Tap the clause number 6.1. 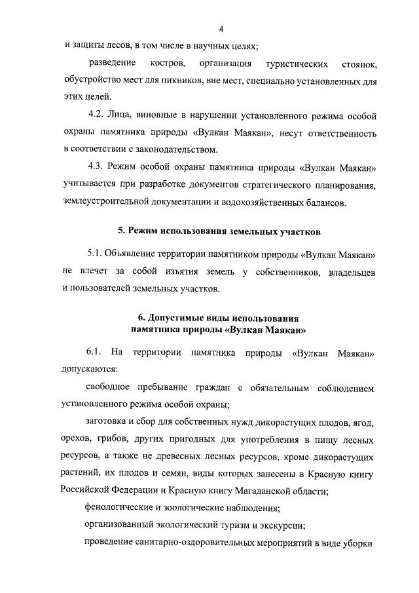pyautogui.click(x=96, y=352)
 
